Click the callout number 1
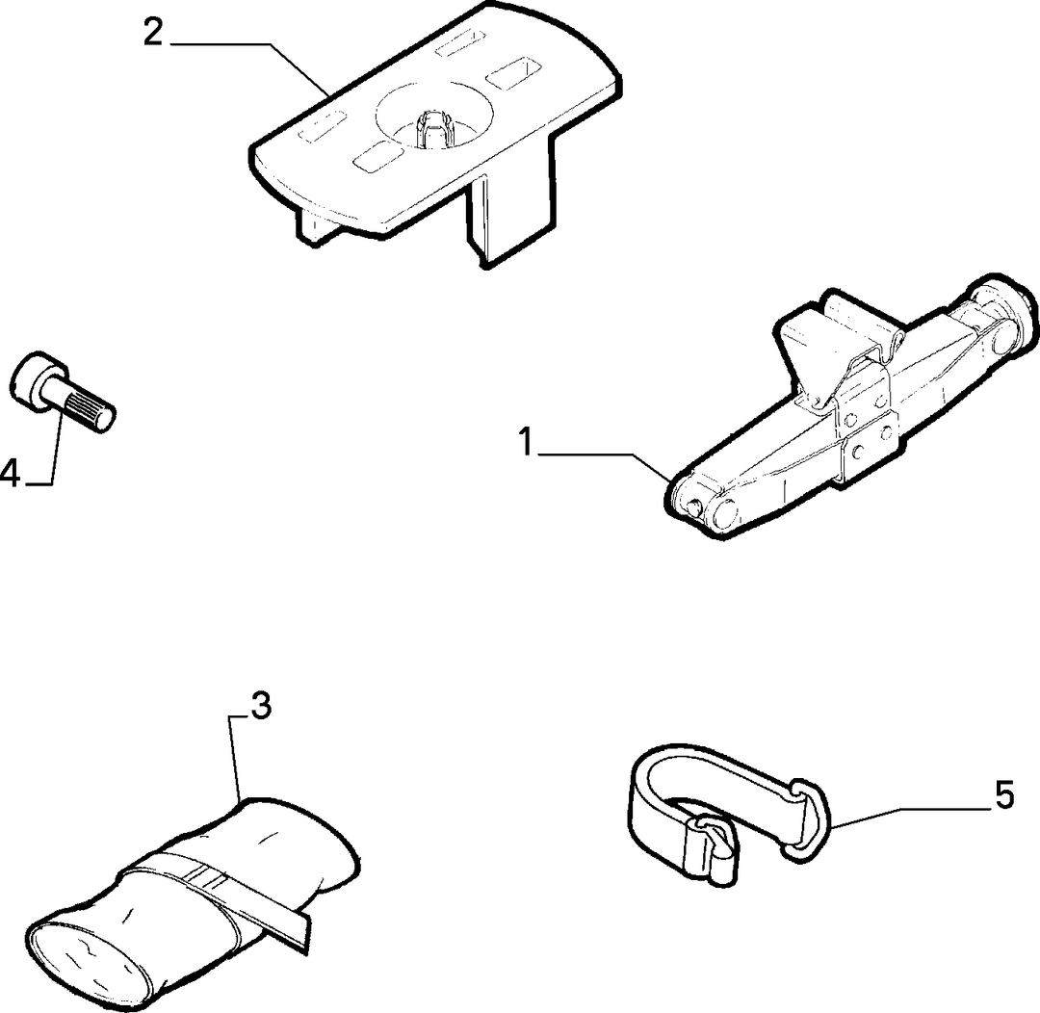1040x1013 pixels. point(527,443)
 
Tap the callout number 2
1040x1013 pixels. point(153,32)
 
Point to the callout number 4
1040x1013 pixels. point(11,474)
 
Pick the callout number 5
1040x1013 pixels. point(1004,794)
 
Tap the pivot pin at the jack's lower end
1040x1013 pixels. point(694,506)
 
